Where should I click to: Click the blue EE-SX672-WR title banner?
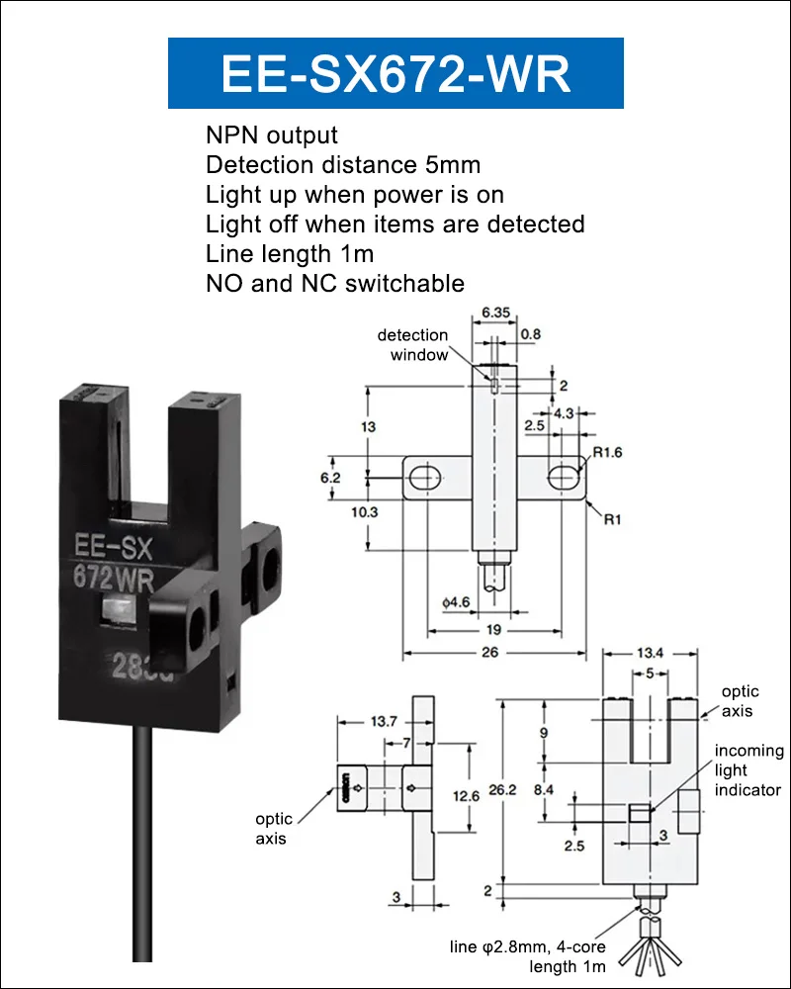395,73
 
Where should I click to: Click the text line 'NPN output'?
272,135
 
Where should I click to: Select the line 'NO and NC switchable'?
335,283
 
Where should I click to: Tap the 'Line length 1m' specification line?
290,253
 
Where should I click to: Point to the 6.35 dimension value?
495,313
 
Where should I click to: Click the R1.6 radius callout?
607,452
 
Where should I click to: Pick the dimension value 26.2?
502,789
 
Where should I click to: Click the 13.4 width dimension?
651,653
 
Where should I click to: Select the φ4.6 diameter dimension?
456,602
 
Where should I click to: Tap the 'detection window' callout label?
413,345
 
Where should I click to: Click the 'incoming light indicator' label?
748,770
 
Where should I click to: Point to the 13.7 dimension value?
385,721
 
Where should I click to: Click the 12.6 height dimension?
466,796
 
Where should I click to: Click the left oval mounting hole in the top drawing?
424,478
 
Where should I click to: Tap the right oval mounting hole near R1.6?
564,477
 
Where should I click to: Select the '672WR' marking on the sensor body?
114,579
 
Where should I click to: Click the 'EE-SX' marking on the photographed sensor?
114,547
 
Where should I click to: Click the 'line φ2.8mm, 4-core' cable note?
527,946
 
